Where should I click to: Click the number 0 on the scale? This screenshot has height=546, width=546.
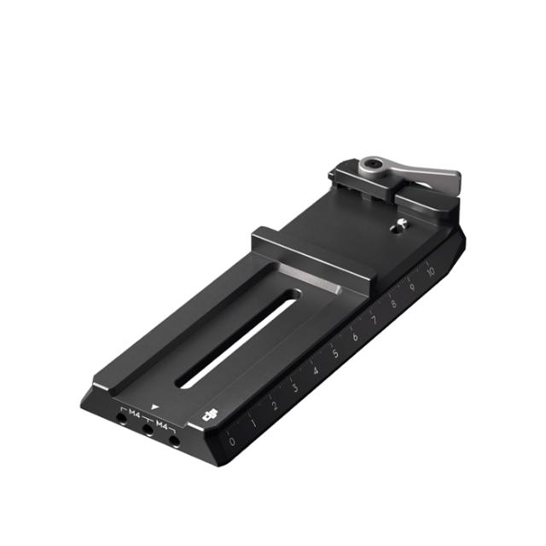click(233, 442)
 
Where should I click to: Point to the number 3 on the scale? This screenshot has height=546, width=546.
click(295, 388)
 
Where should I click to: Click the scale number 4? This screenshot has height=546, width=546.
click(316, 370)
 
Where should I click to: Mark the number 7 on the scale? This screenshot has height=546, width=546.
click(374, 319)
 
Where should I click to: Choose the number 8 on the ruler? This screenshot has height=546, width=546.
click(393, 303)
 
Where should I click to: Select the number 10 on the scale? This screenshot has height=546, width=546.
click(432, 271)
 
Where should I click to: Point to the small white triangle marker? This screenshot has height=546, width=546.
click(155, 408)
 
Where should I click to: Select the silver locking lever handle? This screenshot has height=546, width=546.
click(431, 176)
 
